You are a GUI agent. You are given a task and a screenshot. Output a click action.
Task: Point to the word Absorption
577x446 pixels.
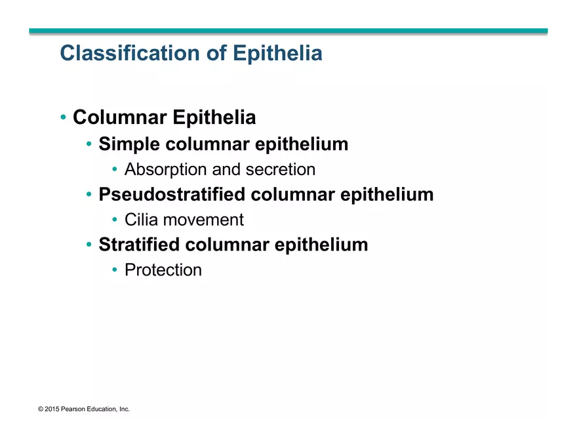166,169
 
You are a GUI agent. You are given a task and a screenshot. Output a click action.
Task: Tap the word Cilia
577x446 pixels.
142,220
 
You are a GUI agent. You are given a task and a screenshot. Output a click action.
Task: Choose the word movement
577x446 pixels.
203,220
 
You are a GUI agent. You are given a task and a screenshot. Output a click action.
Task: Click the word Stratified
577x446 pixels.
139,245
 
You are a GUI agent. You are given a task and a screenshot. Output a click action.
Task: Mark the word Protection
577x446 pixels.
163,270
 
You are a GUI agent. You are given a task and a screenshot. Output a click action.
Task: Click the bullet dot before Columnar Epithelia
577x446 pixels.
63,117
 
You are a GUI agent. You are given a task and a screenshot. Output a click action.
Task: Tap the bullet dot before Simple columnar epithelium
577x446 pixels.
89,144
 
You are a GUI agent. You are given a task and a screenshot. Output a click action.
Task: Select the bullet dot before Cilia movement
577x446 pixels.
115,220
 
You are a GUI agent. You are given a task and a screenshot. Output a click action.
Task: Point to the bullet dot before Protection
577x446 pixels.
115,270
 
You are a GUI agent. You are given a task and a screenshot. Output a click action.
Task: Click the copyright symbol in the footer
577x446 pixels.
41,409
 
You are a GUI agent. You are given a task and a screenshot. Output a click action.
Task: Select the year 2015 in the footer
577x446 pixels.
52,409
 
